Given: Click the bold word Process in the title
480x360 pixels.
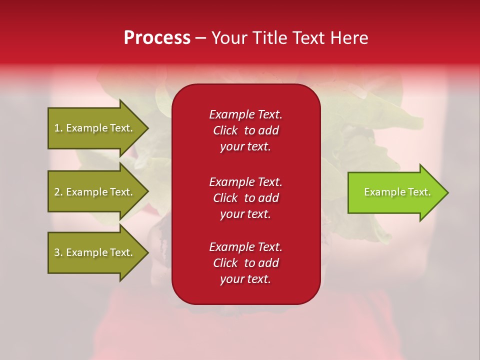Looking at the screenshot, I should point(157,38).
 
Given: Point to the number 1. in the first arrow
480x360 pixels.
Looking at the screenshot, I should point(58,128).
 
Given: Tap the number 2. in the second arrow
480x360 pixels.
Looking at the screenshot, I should point(58,192).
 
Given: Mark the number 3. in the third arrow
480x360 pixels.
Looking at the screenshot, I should point(58,252).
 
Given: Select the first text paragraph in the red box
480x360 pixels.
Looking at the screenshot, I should point(245,130).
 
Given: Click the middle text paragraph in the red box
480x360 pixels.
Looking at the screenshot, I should point(245,198).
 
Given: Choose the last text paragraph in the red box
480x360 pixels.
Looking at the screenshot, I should point(245,263).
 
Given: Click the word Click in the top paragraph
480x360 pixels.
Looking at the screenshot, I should point(225,130).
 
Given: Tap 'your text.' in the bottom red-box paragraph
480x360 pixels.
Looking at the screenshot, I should point(245,279).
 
